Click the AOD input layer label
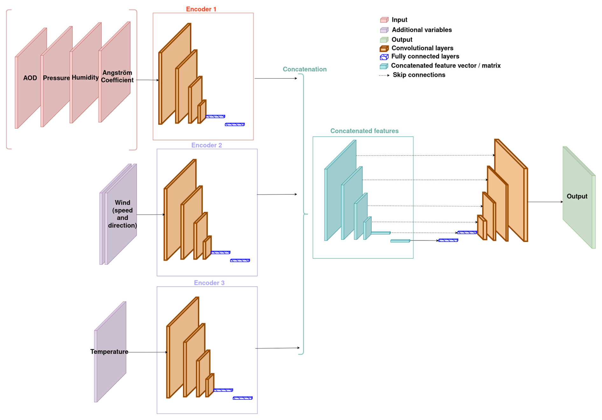30,78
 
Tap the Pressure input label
56,78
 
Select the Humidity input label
85,77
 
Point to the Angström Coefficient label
117,76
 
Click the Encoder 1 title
201,9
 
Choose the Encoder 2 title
206,145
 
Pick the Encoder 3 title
209,283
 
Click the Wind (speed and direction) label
122,214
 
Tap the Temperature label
109,352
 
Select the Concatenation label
304,69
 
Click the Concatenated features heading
364,131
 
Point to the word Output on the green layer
577,196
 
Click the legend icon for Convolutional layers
384,48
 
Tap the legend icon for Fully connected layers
384,57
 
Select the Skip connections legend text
419,75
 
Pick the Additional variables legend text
422,30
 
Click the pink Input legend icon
384,20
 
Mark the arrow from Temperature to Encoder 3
148,352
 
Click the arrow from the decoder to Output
545,202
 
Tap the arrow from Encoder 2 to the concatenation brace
277,194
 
